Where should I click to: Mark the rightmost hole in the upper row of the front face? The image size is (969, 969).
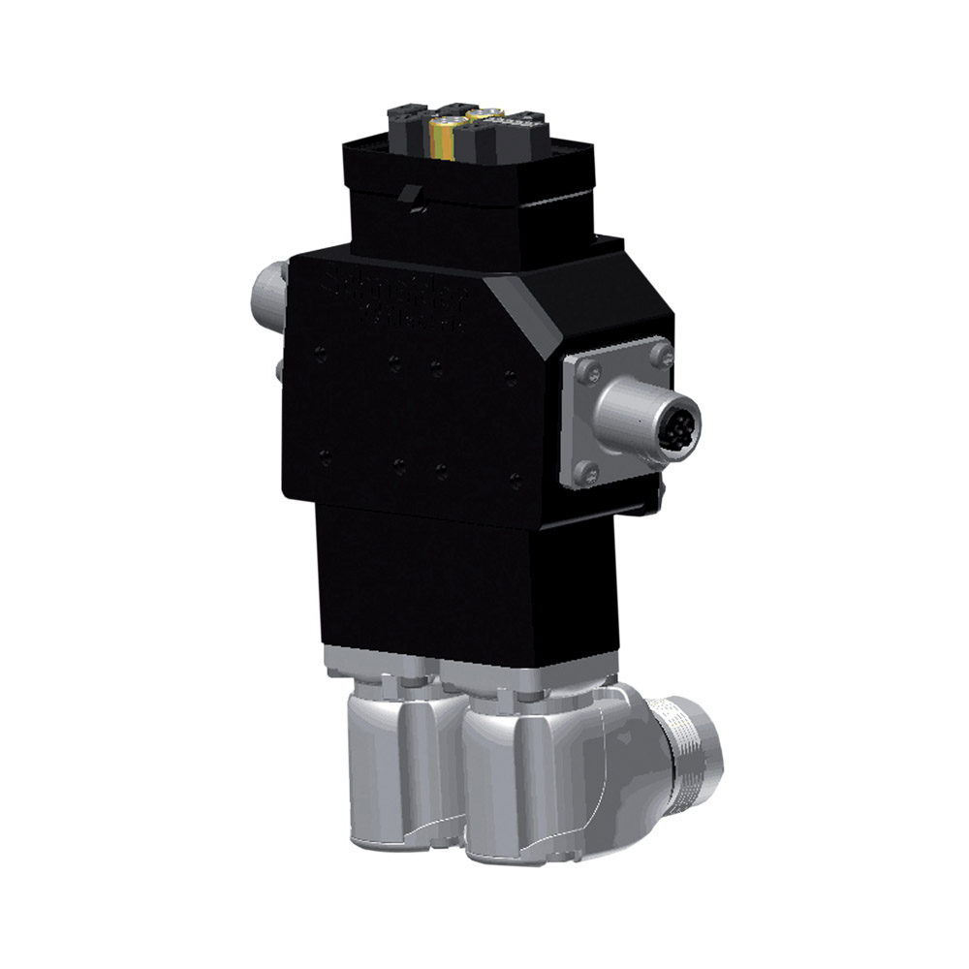coord(511,377)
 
